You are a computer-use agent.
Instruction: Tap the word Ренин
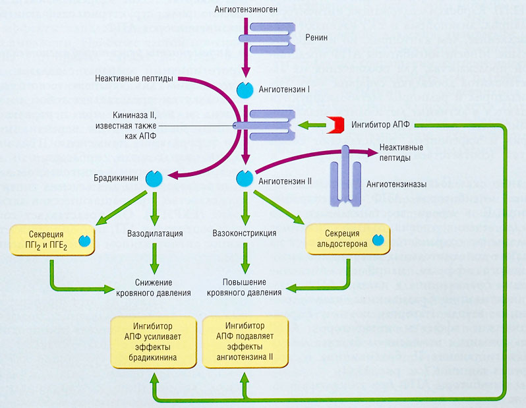click(x=316, y=38)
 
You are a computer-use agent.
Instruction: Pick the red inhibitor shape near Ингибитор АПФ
click(x=336, y=124)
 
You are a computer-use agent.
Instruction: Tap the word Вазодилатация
click(x=154, y=233)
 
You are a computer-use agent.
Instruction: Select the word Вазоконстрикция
click(x=245, y=233)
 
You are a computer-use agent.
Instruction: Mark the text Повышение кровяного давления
click(x=245, y=286)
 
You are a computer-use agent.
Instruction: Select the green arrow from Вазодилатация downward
click(x=154, y=258)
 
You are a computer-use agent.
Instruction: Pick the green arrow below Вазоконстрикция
click(x=245, y=258)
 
